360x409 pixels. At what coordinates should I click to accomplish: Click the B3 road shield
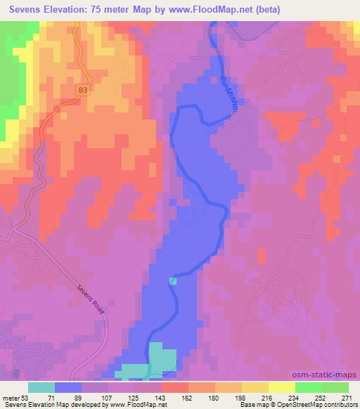[x=84, y=90]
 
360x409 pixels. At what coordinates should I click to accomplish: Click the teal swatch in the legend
[x=41, y=387]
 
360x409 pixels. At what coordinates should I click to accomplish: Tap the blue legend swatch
[x=68, y=387]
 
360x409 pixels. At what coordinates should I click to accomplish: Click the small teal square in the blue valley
[x=173, y=281]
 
